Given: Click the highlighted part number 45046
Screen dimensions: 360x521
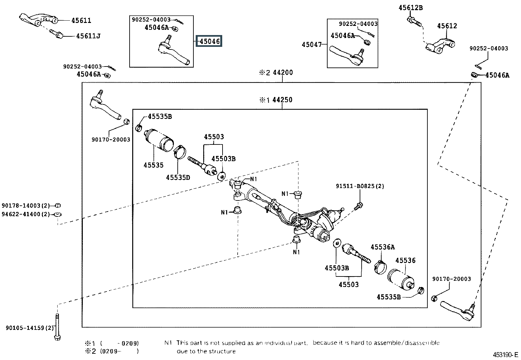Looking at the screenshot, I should (209, 41).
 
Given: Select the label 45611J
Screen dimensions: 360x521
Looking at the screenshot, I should (88, 36).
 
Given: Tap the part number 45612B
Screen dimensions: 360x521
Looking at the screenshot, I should (410, 8).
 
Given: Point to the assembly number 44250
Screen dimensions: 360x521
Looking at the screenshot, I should (282, 100).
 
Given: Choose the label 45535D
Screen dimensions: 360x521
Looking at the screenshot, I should (178, 178).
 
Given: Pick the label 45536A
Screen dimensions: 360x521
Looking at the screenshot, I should (383, 247).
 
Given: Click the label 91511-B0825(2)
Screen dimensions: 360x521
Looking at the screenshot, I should (360, 186).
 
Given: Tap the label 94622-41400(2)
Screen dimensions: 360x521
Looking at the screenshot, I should (26, 214).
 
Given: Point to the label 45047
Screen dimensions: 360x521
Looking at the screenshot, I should (312, 44).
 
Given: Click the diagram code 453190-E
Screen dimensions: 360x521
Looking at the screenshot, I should (506, 355).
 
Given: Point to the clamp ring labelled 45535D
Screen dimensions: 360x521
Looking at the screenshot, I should (180, 152).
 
